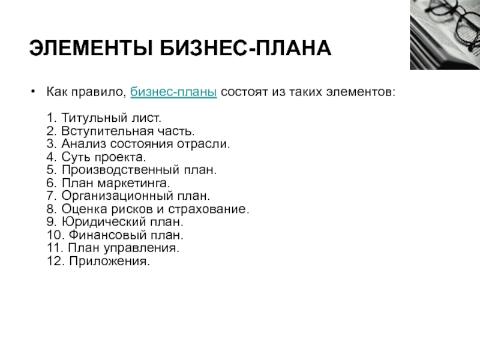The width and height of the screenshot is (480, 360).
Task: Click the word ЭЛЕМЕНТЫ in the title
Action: coord(91,49)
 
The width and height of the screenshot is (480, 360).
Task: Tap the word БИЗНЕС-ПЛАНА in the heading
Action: coord(245,49)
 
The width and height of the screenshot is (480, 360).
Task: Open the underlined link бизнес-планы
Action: coord(173,92)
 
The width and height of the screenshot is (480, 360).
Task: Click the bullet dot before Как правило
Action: coord(34,91)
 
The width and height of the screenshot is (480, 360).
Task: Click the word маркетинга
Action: coord(133,183)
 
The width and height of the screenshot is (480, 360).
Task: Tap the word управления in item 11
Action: coord(141,248)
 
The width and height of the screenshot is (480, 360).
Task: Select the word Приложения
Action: coord(110,262)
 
